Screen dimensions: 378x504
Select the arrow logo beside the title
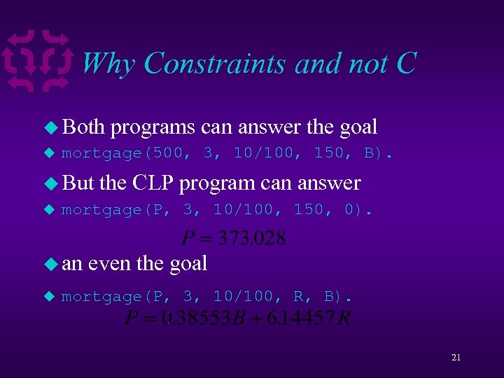point(38,62)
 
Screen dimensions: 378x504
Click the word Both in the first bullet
point(83,127)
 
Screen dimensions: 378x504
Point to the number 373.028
point(251,239)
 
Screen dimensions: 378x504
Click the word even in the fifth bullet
point(109,264)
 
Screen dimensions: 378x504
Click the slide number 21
point(456,358)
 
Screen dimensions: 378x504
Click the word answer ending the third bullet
point(328,183)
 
